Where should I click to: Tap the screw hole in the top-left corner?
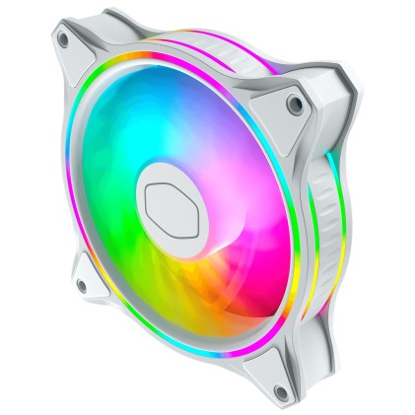[64, 40]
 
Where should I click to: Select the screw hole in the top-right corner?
[293, 103]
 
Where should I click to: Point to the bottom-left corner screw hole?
[81, 286]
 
